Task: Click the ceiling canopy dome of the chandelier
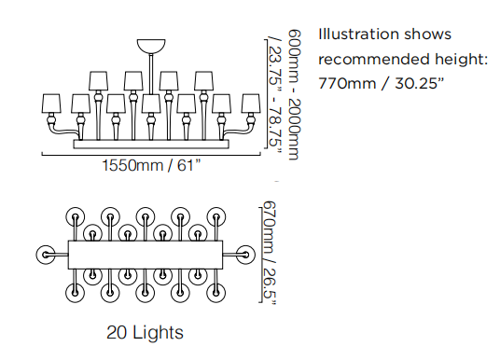(151, 46)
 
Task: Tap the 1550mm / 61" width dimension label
(151, 165)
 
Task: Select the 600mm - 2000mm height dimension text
(294, 95)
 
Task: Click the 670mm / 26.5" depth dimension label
(269, 253)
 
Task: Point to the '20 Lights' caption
(145, 333)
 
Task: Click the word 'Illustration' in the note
(358, 35)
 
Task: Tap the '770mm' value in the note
(347, 84)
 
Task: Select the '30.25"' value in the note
(420, 84)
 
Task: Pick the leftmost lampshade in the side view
(51, 104)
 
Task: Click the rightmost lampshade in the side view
(251, 104)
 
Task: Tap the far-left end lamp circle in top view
(46, 255)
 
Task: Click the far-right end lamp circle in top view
(245, 255)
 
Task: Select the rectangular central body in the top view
(146, 255)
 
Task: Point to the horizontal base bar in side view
(151, 145)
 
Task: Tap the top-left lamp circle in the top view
(76, 216)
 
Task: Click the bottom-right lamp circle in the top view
(215, 293)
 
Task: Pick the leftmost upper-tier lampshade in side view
(99, 81)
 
